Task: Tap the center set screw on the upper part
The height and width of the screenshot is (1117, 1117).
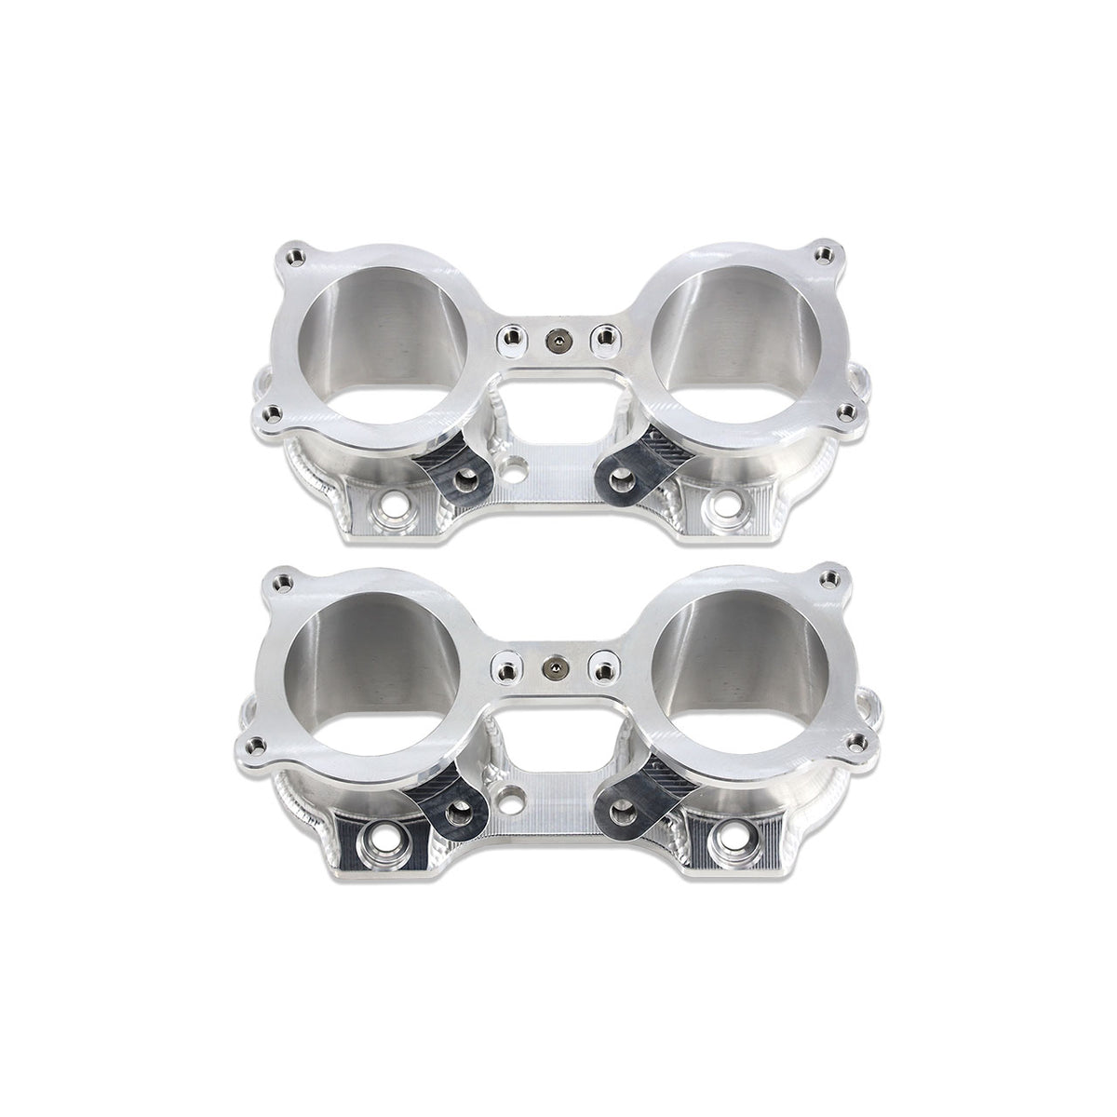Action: click(557, 342)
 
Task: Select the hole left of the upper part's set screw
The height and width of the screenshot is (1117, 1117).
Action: click(509, 337)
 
